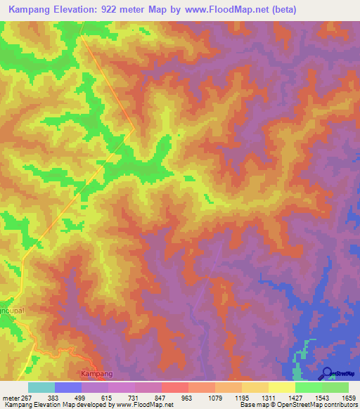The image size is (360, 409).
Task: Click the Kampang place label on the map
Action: (x=97, y=373)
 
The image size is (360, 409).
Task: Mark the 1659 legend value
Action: (x=349, y=398)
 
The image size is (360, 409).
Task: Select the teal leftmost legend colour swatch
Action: (x=41, y=387)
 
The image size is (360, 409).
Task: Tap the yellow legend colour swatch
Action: (x=282, y=387)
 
